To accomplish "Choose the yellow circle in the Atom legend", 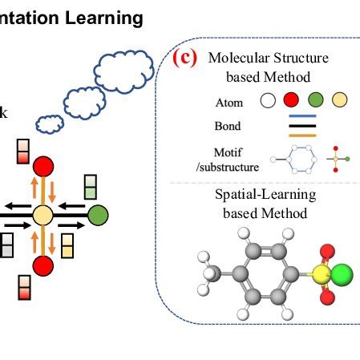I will (x=340, y=102).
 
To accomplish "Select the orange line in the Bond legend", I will (x=297, y=134).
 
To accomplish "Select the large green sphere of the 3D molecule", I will (x=342, y=277).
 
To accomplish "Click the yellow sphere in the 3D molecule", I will (x=321, y=277).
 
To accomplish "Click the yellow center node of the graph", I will (x=43, y=216).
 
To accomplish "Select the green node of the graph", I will (x=98, y=216).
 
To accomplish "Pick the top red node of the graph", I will (x=43, y=168).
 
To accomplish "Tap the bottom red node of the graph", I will (x=43, y=265).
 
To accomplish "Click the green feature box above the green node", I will (x=91, y=187).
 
